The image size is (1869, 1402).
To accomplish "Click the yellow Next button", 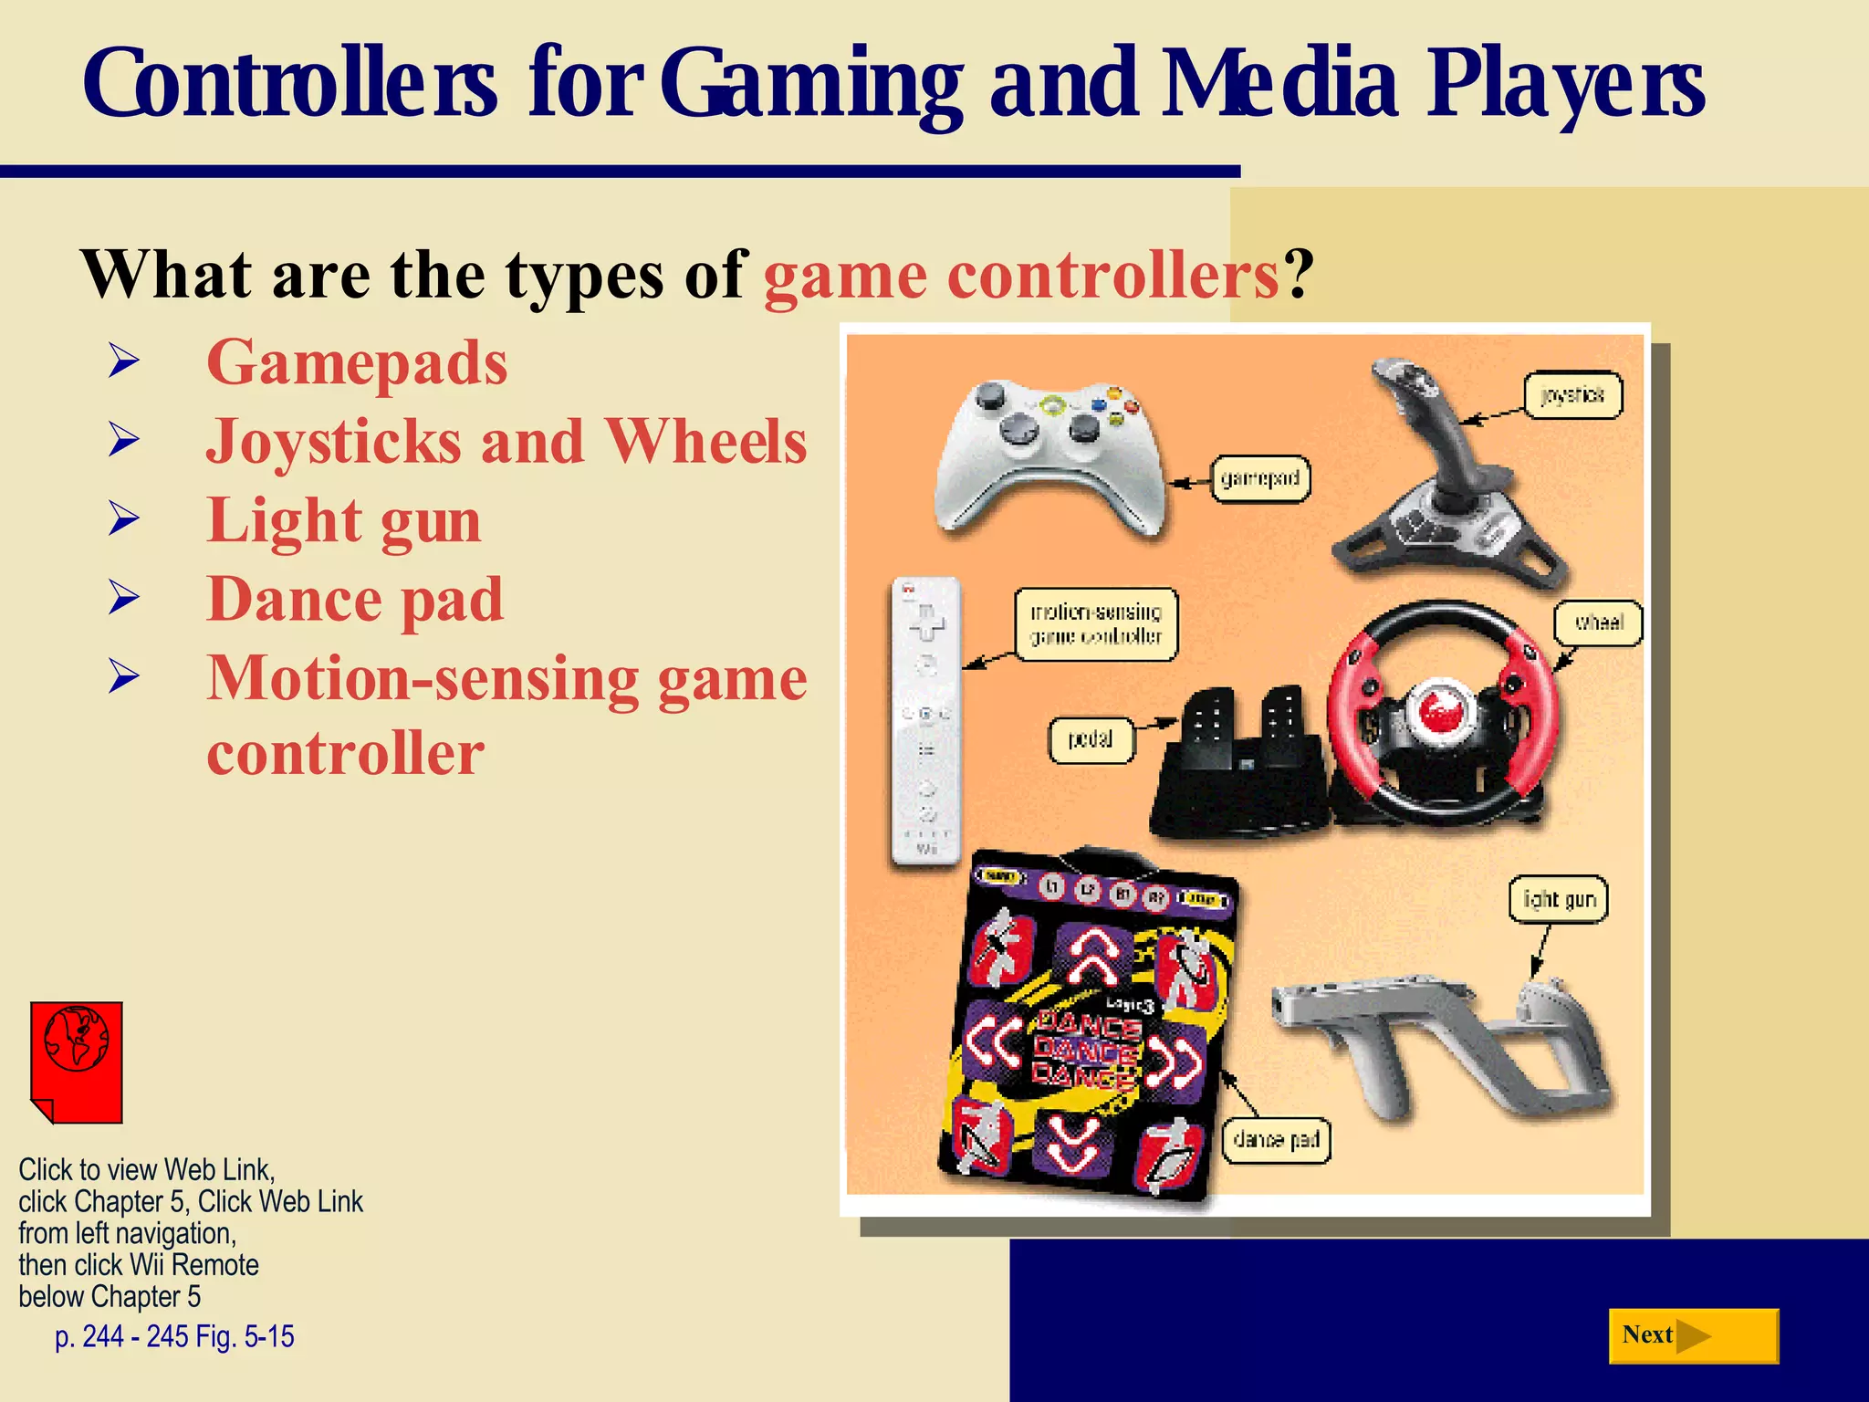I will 1693,1335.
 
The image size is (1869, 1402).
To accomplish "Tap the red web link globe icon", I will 77,1062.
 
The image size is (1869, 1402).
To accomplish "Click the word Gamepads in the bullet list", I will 357,362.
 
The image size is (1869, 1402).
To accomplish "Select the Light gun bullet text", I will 344,520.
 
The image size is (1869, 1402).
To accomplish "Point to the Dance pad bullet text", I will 355,600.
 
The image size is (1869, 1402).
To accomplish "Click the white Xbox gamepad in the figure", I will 1049,455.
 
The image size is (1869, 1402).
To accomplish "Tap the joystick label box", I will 1573,395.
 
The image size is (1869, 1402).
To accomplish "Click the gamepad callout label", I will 1260,478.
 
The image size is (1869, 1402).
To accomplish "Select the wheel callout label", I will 1598,623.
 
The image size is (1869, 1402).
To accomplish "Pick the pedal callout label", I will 1090,738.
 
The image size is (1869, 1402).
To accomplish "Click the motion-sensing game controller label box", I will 1096,624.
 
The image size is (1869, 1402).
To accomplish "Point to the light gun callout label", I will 1559,900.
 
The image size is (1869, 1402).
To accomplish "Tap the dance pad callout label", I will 1276,1139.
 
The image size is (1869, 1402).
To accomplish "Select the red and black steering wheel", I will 1437,712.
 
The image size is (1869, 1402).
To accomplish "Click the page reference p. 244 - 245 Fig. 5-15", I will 174,1336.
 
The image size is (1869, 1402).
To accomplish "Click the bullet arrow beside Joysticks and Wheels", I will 123,440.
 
